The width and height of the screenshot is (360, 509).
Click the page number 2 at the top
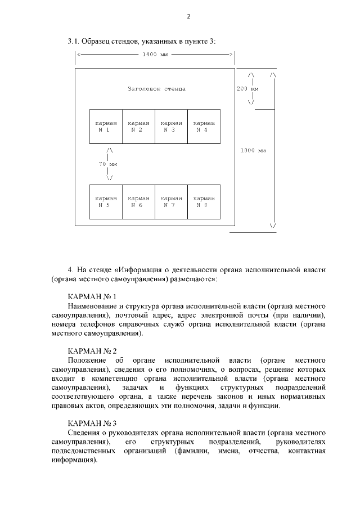188,16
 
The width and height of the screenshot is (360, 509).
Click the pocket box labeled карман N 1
106,126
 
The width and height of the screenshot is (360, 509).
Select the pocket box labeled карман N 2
138,126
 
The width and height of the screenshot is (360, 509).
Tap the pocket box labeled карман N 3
171,126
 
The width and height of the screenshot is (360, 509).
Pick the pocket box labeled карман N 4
204,126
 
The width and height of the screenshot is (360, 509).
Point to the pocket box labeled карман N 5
106,201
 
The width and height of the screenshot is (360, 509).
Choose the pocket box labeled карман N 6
138,201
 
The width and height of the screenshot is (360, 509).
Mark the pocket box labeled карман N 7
171,201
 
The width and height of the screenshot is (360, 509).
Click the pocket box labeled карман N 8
204,201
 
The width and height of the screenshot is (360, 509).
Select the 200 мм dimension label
247,89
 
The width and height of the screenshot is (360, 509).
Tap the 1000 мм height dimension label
253,150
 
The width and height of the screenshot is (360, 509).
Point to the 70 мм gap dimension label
107,164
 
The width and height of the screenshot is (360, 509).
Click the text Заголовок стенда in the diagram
156,89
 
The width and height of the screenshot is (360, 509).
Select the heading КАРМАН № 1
92,296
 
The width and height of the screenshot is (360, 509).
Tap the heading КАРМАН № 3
92,423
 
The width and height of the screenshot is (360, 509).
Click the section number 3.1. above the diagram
74,41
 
